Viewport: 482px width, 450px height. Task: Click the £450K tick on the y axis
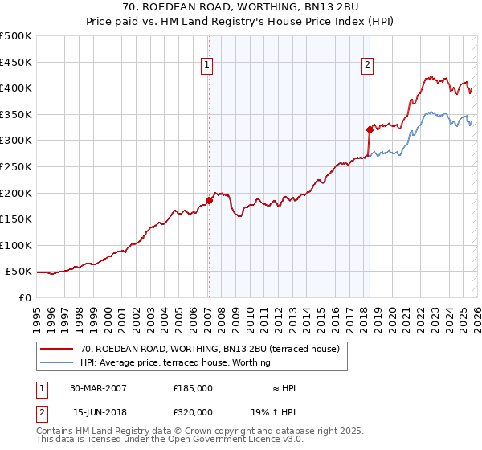click(x=16, y=62)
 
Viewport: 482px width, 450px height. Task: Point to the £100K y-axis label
click(x=16, y=245)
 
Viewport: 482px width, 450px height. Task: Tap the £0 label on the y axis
click(x=25, y=297)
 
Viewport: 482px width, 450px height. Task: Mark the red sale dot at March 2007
click(x=209, y=200)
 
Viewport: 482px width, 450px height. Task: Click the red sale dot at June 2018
click(x=370, y=129)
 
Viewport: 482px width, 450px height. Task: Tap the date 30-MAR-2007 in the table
click(x=98, y=388)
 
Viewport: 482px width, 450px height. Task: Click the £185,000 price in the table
click(x=192, y=388)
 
